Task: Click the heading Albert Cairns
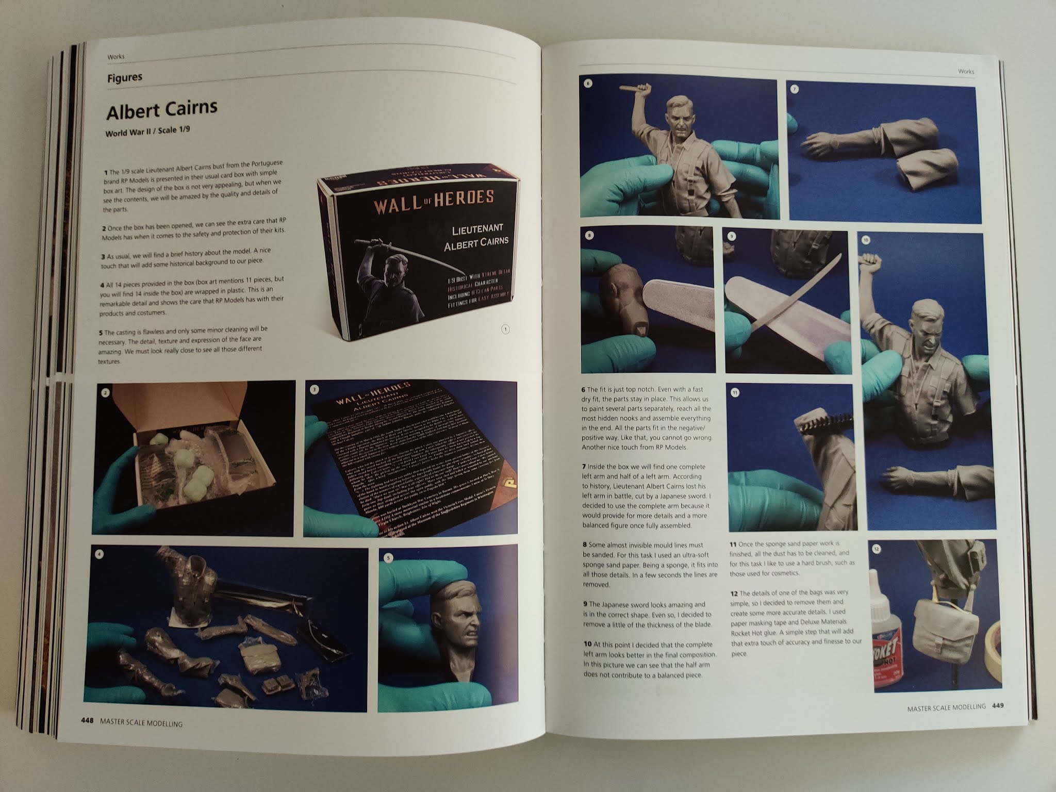pos(161,110)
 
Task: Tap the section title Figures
pos(125,78)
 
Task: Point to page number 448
pos(87,721)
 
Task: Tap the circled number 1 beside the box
pos(505,329)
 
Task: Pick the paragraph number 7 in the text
pos(584,467)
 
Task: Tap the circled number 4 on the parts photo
pos(100,555)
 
